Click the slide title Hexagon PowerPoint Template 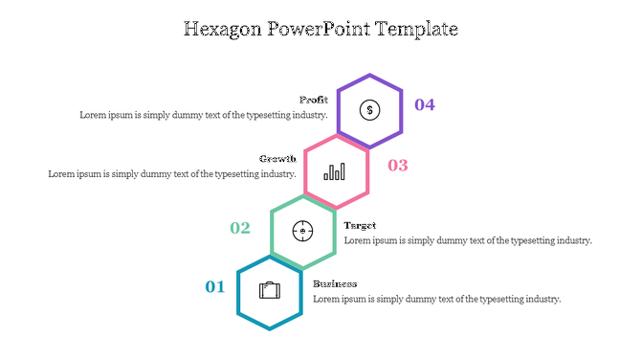pyautogui.click(x=320, y=29)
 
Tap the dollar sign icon pyautogui.click(x=369, y=110)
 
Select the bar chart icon pyautogui.click(x=336, y=171)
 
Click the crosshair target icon pyautogui.click(x=302, y=231)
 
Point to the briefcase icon pyautogui.click(x=270, y=290)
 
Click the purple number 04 pyautogui.click(x=425, y=104)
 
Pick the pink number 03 pyautogui.click(x=398, y=166)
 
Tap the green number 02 pyautogui.click(x=240, y=228)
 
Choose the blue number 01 pyautogui.click(x=215, y=286)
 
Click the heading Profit pyautogui.click(x=314, y=100)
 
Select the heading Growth pyautogui.click(x=277, y=159)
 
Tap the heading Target pyautogui.click(x=360, y=225)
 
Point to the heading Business pyautogui.click(x=335, y=283)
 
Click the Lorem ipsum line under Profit pyautogui.click(x=204, y=115)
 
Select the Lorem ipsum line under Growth pyautogui.click(x=172, y=174)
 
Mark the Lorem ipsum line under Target pyautogui.click(x=468, y=240)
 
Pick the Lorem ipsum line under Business pyautogui.click(x=437, y=299)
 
